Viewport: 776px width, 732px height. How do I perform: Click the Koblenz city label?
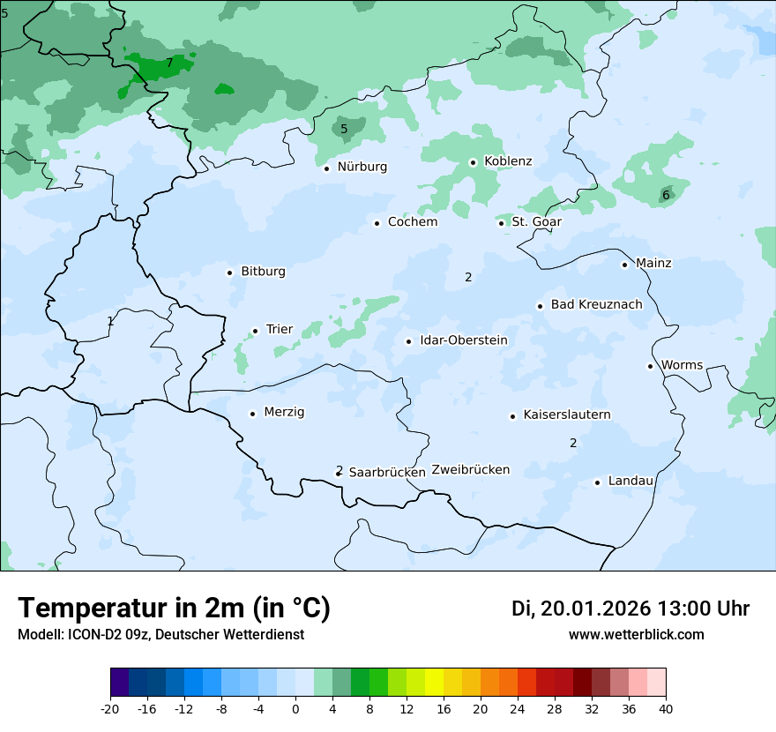[508, 161]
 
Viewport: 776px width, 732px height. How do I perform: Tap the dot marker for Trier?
[255, 331]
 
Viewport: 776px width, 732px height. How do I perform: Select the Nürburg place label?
[362, 167]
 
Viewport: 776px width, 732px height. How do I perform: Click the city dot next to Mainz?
[624, 265]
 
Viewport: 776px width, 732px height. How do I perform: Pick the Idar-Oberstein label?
[463, 340]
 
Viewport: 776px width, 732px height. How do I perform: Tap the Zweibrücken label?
[470, 470]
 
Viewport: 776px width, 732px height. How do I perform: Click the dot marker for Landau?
[597, 482]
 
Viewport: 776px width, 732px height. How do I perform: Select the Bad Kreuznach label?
[596, 304]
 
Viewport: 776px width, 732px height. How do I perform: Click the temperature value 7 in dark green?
[169, 63]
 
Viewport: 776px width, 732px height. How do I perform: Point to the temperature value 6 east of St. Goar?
[666, 195]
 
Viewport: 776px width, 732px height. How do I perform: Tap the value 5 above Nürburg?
[344, 129]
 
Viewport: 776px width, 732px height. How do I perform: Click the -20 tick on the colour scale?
[110, 708]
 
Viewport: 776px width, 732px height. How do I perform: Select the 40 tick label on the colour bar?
[666, 708]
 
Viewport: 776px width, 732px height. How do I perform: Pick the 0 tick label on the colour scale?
[295, 708]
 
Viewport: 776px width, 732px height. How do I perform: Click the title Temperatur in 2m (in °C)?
[174, 608]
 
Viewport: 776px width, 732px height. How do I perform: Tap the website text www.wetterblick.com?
[636, 634]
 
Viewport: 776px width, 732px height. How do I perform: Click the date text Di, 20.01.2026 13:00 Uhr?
[630, 609]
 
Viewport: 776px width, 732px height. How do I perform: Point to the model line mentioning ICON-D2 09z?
[160, 634]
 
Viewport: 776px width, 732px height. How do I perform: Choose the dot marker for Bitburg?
[229, 273]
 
